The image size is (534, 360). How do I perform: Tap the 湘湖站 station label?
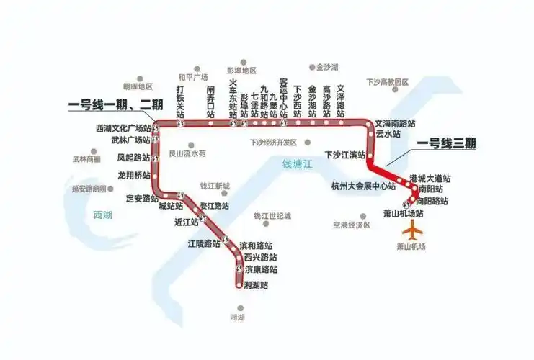tap(257, 285)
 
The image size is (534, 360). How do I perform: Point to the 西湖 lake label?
tap(103, 215)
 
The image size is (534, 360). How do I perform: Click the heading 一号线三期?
tap(446, 144)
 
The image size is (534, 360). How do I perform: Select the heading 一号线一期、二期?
tap(115, 104)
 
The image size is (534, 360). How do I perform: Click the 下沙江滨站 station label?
tap(345, 154)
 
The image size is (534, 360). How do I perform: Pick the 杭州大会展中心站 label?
tap(363, 186)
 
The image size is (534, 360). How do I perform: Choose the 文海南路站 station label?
tap(396, 123)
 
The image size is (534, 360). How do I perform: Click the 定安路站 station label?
tap(142, 198)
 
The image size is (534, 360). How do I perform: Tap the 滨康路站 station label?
tap(261, 270)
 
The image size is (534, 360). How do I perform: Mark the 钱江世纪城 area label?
tap(273, 217)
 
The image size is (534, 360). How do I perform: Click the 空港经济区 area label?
tap(351, 225)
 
